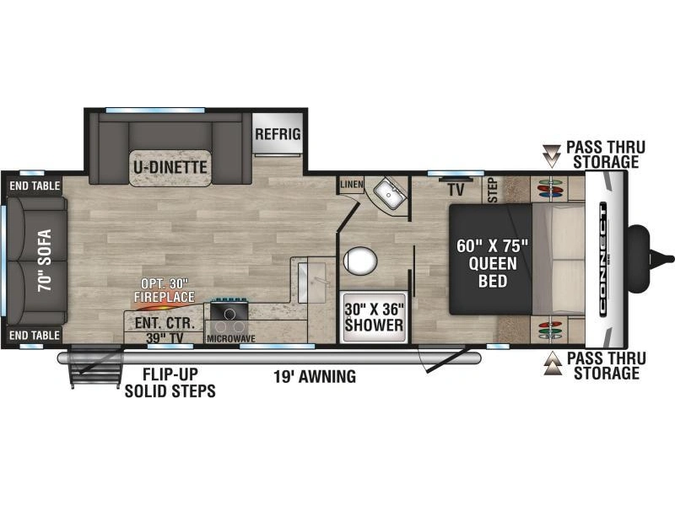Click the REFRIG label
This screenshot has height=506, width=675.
pyautogui.click(x=278, y=134)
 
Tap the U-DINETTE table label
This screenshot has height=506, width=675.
pyautogui.click(x=170, y=167)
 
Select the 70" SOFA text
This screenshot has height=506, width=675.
pyautogui.click(x=45, y=260)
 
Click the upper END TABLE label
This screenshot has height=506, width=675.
pyautogui.click(x=35, y=186)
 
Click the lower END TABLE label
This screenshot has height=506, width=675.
pyautogui.click(x=35, y=335)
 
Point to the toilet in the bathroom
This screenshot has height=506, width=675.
pyautogui.click(x=360, y=261)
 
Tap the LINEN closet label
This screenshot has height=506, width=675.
pyautogui.click(x=352, y=185)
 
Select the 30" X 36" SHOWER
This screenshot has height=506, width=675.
pyautogui.click(x=374, y=318)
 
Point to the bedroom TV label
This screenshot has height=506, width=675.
pyautogui.click(x=456, y=190)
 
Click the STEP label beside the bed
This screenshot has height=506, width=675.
pyautogui.click(x=493, y=191)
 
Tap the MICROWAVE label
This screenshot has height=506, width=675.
pyautogui.click(x=231, y=339)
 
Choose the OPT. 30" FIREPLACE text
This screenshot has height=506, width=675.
pyautogui.click(x=164, y=290)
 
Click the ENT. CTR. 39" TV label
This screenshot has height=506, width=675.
pyautogui.click(x=165, y=331)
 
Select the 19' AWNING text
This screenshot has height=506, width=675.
pyautogui.click(x=315, y=376)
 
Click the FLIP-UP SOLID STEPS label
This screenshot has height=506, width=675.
pyautogui.click(x=170, y=383)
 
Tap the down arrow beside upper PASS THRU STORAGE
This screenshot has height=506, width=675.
pyautogui.click(x=552, y=156)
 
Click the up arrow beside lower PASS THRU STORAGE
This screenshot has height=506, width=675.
pyautogui.click(x=553, y=364)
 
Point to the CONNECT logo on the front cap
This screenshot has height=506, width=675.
pyautogui.click(x=602, y=258)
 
